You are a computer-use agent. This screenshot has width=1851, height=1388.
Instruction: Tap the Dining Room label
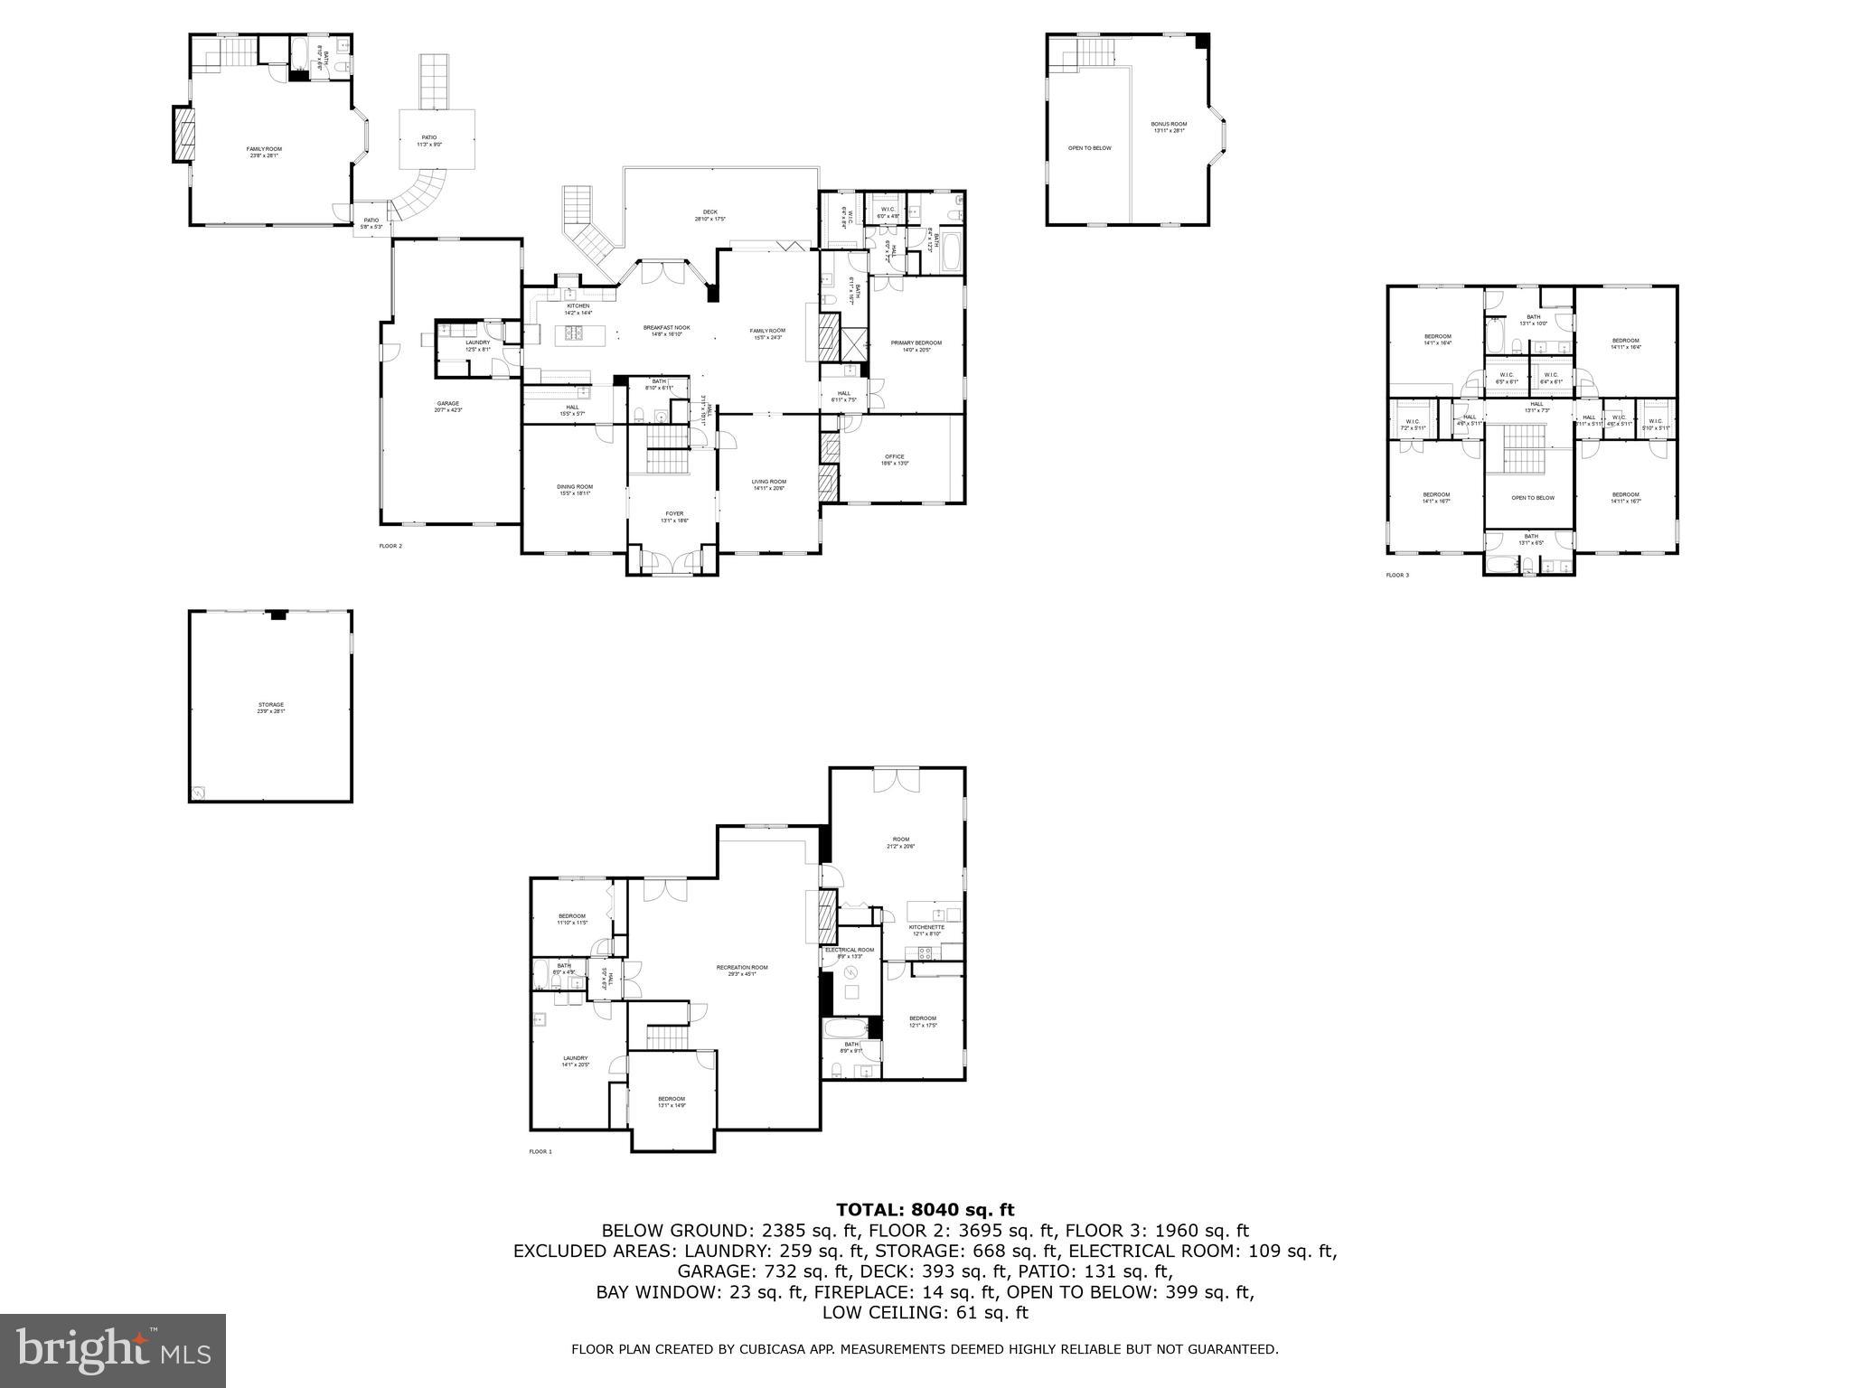click(x=575, y=489)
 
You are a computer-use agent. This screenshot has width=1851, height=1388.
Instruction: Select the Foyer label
click(x=674, y=516)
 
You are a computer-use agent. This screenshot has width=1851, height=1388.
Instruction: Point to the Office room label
click(x=894, y=459)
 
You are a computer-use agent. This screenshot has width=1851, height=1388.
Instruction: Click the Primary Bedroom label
click(x=916, y=345)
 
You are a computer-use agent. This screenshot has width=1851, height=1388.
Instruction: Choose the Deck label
click(x=710, y=215)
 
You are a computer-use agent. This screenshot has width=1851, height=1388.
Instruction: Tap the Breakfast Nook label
click(x=666, y=330)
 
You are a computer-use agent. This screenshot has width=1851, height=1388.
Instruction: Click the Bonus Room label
click(x=1169, y=127)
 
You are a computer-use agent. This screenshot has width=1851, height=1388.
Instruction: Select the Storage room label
click(x=271, y=707)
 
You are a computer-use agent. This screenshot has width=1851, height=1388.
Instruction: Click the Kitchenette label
click(x=926, y=930)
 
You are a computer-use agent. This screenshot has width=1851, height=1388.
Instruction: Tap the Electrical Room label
click(x=850, y=952)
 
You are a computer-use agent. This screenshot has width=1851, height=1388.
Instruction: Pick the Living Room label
click(x=769, y=484)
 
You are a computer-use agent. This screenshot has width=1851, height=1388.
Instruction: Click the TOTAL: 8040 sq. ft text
click(x=925, y=1209)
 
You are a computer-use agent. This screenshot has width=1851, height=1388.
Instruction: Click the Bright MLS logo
click(x=113, y=1350)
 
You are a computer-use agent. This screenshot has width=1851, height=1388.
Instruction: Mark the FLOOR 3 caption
click(x=1397, y=575)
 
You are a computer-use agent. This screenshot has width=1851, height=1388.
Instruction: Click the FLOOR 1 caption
click(x=540, y=1151)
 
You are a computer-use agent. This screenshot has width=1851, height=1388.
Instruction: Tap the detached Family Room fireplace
click(x=183, y=135)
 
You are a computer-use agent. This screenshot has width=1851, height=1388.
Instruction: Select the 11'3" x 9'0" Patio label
click(x=428, y=140)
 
